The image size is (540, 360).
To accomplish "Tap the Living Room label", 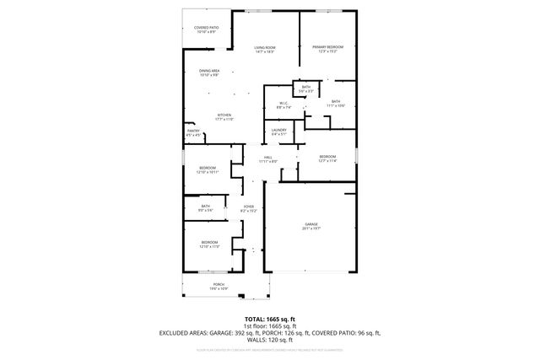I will [x=267, y=46].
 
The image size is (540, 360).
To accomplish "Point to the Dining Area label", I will [x=209, y=70].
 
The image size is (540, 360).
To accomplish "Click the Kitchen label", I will [x=224, y=116].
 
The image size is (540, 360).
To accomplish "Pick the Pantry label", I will [x=193, y=131].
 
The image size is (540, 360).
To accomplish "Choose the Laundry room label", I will [x=278, y=130].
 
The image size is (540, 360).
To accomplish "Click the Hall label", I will [x=267, y=157].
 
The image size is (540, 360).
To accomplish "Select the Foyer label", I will [x=249, y=206].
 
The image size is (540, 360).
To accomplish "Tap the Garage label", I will [x=310, y=223].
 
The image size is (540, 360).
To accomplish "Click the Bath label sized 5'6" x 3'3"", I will [x=306, y=86].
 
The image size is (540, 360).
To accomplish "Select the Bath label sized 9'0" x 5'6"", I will [x=205, y=206].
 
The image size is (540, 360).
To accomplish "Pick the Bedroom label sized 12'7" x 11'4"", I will [x=327, y=157].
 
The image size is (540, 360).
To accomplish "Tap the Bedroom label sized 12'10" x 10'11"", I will [x=208, y=168].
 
